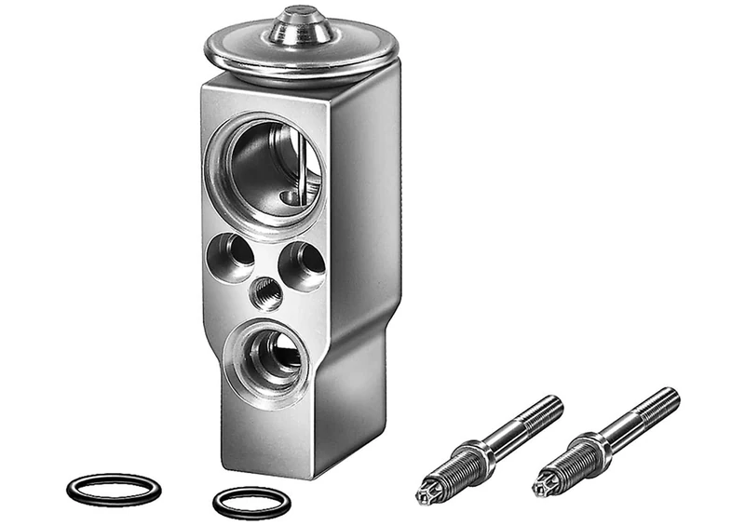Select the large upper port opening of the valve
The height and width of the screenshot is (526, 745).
[x=270, y=168]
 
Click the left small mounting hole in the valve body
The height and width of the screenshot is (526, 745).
[x=230, y=252]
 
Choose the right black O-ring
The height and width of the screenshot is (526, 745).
[x=251, y=502]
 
